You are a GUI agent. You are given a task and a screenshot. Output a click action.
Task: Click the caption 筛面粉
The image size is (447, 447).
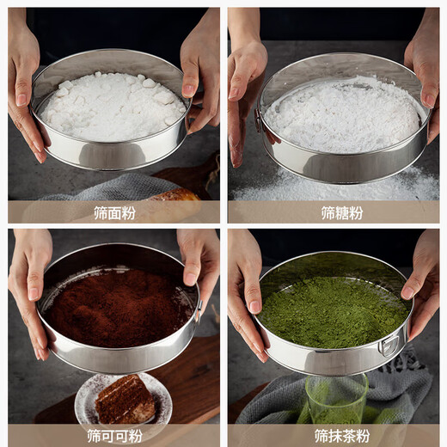(114, 212)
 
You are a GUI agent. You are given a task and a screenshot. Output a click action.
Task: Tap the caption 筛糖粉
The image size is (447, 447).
(334, 212)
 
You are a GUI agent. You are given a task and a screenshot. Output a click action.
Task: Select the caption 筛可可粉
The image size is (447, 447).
(114, 436)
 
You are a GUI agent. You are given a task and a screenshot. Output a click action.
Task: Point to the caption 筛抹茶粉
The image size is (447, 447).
(334, 436)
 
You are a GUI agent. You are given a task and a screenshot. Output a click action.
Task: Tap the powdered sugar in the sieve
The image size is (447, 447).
(341, 114)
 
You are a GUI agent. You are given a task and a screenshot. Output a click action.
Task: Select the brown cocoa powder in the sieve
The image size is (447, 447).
(118, 307)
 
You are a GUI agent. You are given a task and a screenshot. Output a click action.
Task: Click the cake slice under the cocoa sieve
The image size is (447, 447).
(124, 401)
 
